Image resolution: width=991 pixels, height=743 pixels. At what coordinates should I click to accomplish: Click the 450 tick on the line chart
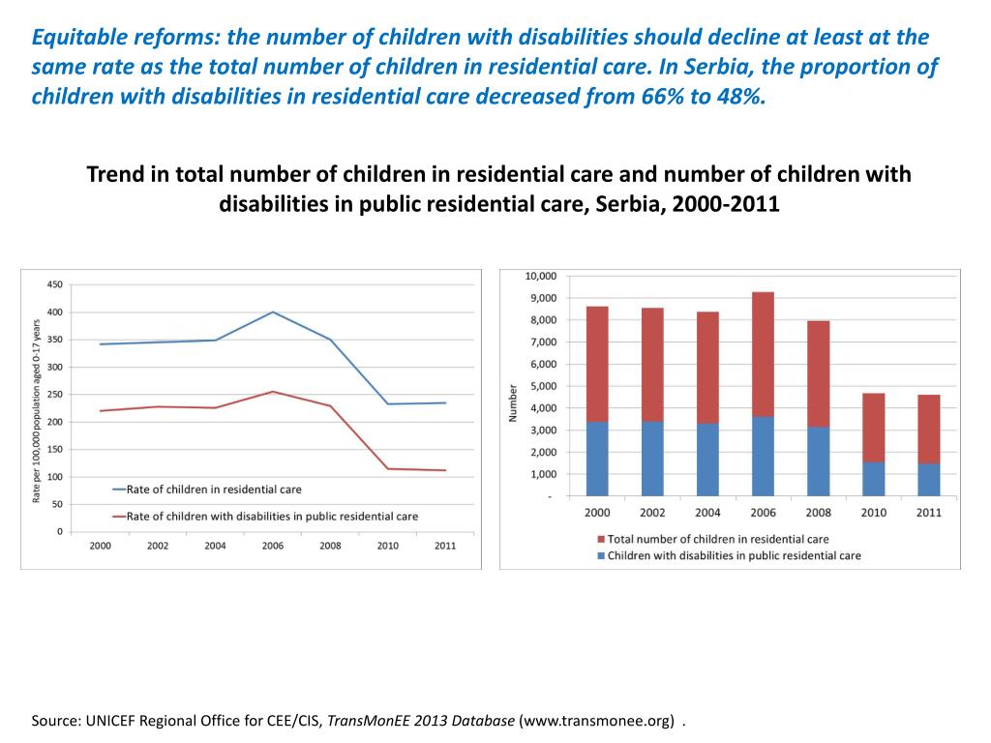[54, 284]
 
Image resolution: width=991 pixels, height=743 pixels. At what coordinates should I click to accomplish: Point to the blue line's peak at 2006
[273, 312]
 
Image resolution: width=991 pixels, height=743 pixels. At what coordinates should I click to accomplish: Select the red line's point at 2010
[388, 469]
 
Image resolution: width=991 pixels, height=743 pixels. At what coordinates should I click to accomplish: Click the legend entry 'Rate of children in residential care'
[214, 490]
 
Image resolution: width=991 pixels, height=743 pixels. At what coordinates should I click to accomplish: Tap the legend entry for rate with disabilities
[272, 517]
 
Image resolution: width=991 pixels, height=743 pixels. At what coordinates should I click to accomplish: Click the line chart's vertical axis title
[36, 409]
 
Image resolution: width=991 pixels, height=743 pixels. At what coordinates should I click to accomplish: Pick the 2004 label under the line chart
[215, 546]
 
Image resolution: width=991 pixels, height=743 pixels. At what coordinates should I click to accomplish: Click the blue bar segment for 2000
[597, 459]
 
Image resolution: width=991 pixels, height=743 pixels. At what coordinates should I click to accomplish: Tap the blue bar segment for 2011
[927, 480]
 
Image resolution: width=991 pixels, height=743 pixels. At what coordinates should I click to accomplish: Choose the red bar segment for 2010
[872, 428]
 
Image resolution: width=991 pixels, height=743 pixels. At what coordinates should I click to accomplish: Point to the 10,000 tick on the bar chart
[540, 276]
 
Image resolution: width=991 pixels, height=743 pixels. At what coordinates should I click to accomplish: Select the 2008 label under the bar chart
[818, 513]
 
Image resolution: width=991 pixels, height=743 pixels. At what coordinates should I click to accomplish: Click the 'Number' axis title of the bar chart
[514, 403]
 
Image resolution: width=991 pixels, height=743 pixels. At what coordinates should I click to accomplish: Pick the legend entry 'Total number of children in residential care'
[717, 539]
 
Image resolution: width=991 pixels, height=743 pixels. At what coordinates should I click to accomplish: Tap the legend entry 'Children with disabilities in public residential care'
[734, 555]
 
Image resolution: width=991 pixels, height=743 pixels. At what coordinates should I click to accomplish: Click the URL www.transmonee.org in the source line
[599, 722]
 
